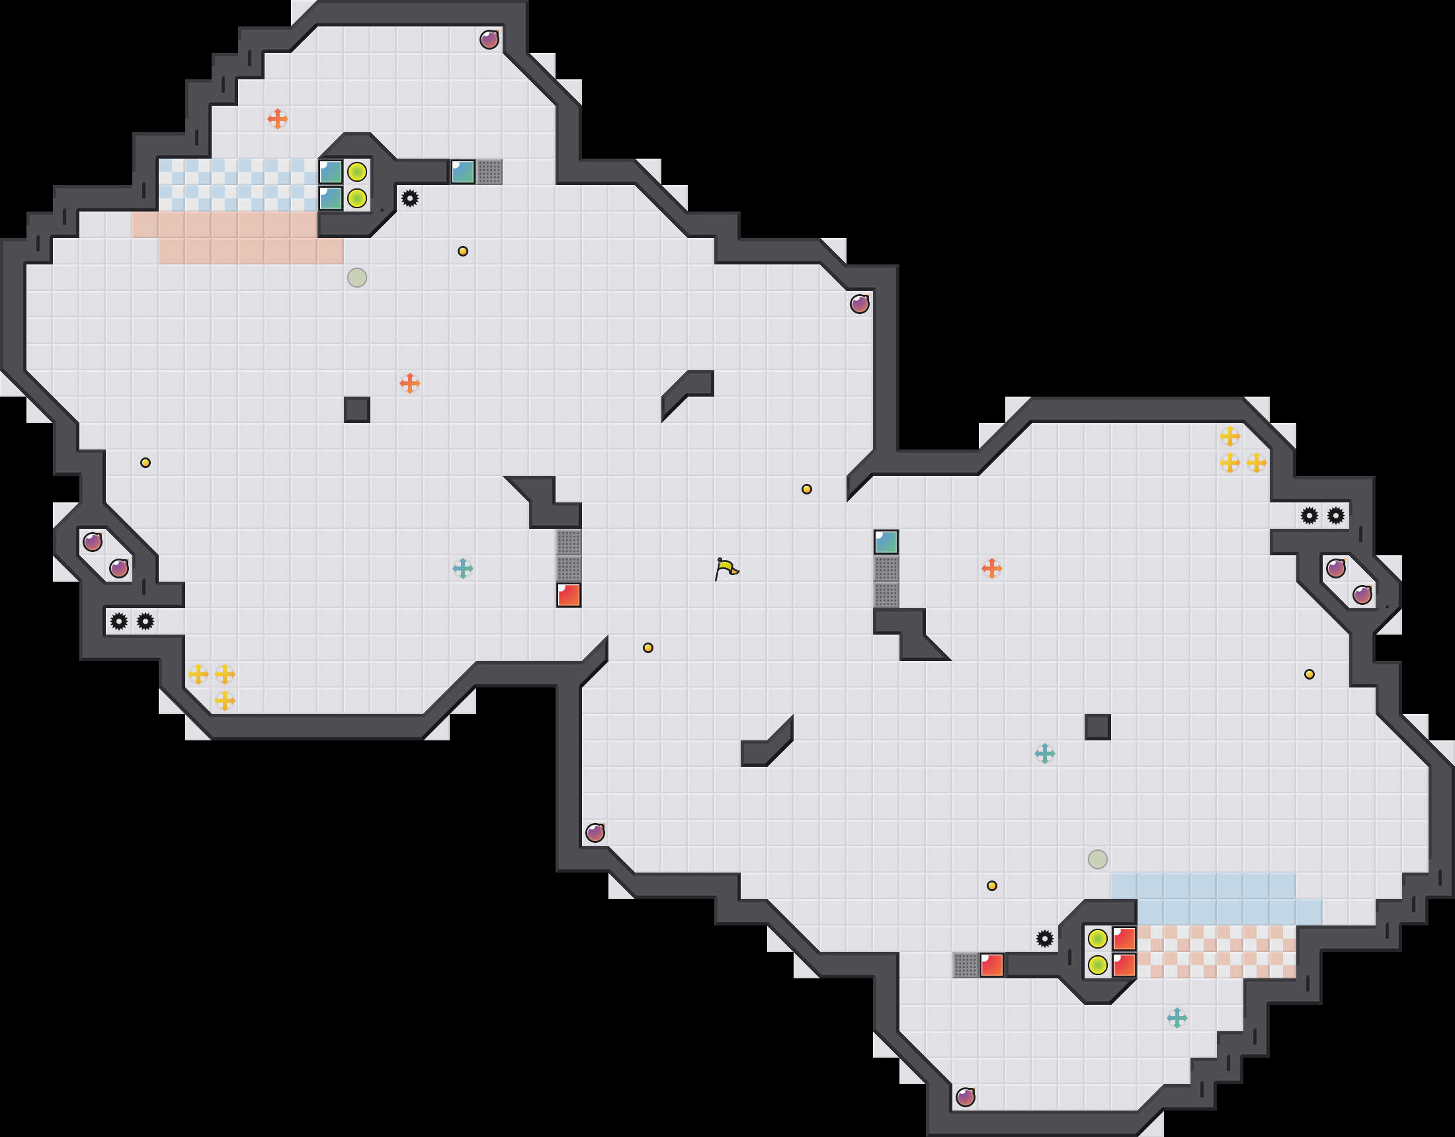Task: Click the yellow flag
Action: tap(726, 569)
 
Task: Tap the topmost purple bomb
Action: tap(489, 39)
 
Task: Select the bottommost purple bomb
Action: tap(966, 1097)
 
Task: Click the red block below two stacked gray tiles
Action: tap(568, 595)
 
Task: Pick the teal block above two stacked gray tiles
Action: tap(886, 542)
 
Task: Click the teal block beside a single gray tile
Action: tap(463, 172)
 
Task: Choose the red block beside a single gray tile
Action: tap(991, 965)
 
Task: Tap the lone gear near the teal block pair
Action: tap(410, 198)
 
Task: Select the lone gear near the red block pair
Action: tap(1044, 939)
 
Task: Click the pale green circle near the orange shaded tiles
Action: tap(357, 277)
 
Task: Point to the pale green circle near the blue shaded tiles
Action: tap(1097, 859)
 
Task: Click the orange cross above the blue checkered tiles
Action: tap(278, 119)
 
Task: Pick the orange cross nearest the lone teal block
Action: tap(991, 568)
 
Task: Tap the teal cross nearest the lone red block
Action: tap(462, 568)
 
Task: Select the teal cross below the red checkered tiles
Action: tap(1177, 1018)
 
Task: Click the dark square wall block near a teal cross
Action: tap(1097, 726)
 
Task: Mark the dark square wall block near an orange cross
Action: tap(357, 410)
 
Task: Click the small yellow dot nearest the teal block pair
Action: tap(462, 251)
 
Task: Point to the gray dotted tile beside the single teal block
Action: tap(489, 172)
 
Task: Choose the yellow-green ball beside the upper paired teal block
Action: tap(357, 172)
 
